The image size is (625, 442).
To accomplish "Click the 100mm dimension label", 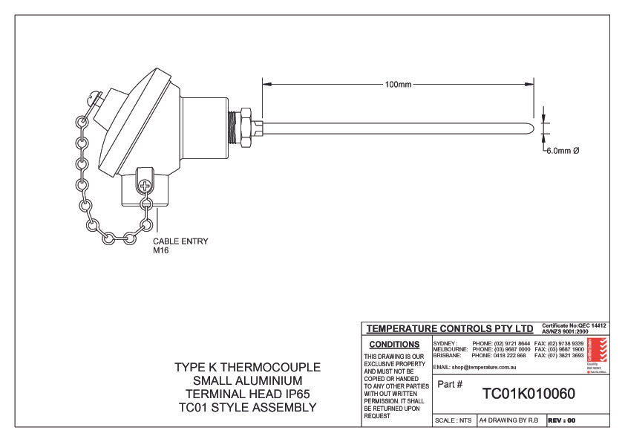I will (x=398, y=84).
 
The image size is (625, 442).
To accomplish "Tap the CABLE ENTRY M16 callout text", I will (x=180, y=246).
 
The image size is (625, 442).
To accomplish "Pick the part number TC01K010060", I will (x=529, y=393).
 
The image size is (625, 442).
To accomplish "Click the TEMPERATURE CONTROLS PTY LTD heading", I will (x=450, y=328).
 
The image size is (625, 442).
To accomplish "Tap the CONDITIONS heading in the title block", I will (x=394, y=345).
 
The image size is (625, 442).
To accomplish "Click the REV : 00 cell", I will (x=562, y=420).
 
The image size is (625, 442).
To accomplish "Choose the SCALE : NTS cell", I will (x=453, y=420).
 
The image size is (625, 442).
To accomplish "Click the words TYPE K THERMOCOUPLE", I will (x=247, y=368).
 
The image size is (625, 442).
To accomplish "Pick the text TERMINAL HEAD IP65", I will (x=247, y=394).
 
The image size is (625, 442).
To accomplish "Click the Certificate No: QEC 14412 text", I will (x=574, y=325).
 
